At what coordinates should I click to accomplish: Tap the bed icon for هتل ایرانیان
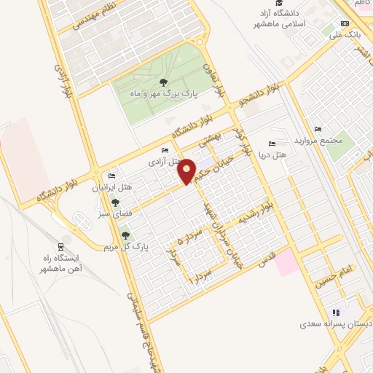(x=111, y=176)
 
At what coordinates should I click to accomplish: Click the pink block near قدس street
(x=286, y=262)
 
